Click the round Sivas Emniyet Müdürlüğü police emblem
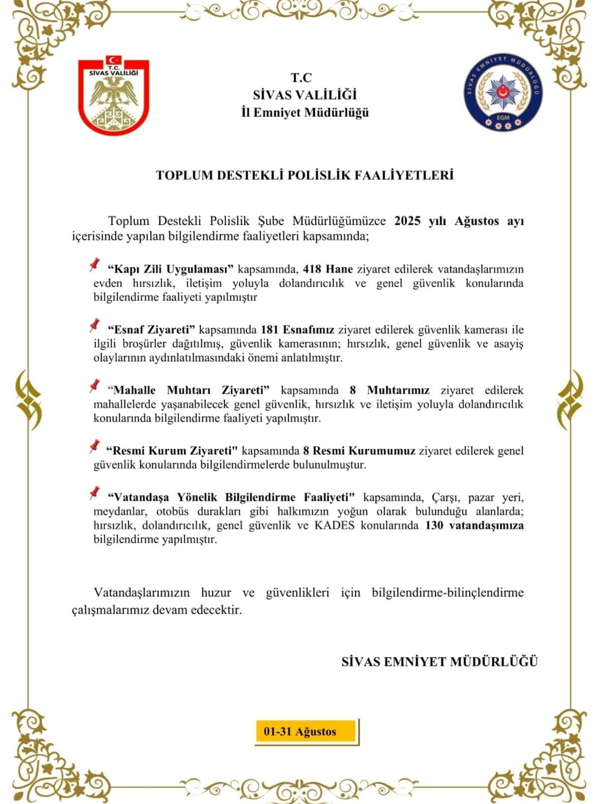pos(502,92)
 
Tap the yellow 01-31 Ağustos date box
pos(306,731)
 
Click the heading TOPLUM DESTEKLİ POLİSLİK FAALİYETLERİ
pos(304,175)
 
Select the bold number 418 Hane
pos(328,269)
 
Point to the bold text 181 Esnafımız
pos(298,329)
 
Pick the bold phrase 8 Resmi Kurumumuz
pos(359,451)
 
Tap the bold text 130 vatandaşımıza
pos(474,525)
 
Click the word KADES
pos(334,525)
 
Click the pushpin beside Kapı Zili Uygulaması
pos(94,265)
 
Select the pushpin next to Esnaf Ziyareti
pos(94,325)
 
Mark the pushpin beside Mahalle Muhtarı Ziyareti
pos(94,385)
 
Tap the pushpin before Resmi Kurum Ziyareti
pos(94,446)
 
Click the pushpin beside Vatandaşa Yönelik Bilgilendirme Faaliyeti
pos(94,492)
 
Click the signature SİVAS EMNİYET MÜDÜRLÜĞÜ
pos(439,662)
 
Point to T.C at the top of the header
pos(301,78)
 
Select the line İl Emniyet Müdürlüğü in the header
pos(305,112)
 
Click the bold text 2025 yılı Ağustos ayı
pos(458,221)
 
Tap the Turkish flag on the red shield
pos(114,60)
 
